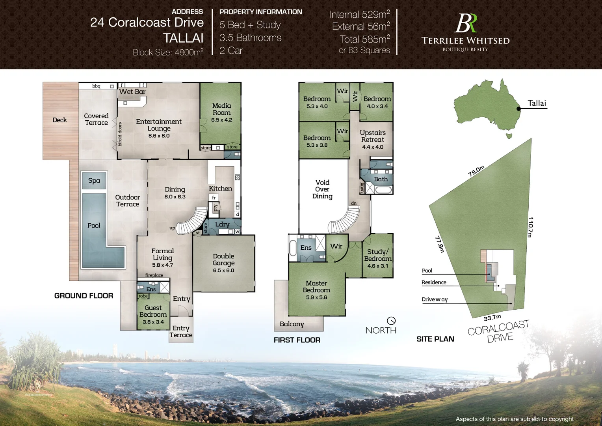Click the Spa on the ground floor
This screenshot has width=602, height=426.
pyautogui.click(x=94, y=181)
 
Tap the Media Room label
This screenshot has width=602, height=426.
pyautogui.click(x=222, y=109)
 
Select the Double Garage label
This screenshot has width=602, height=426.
pyautogui.click(x=223, y=260)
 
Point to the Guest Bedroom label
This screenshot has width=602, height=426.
pyautogui.click(x=153, y=311)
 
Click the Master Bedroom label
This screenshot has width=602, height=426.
pyautogui.click(x=316, y=287)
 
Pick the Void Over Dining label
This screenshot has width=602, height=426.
pyautogui.click(x=322, y=189)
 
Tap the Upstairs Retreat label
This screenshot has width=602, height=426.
pyautogui.click(x=373, y=136)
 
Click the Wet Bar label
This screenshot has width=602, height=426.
pyautogui.click(x=132, y=92)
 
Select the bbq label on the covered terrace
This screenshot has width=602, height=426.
pyautogui.click(x=97, y=86)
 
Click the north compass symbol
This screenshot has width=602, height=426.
pyautogui.click(x=391, y=321)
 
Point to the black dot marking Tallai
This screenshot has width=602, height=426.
pyautogui.click(x=518, y=108)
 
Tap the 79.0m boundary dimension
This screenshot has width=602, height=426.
pyautogui.click(x=476, y=171)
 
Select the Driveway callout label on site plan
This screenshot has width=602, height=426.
pyautogui.click(x=435, y=299)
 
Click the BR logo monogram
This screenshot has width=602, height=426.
pyautogui.click(x=466, y=24)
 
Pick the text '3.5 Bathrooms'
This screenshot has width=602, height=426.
pyautogui.click(x=251, y=38)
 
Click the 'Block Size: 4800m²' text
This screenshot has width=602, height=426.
pyautogui.click(x=168, y=52)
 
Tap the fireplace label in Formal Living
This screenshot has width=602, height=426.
pyautogui.click(x=154, y=275)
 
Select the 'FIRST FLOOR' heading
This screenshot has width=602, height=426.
pyautogui.click(x=297, y=340)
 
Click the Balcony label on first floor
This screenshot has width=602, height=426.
pyautogui.click(x=292, y=324)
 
